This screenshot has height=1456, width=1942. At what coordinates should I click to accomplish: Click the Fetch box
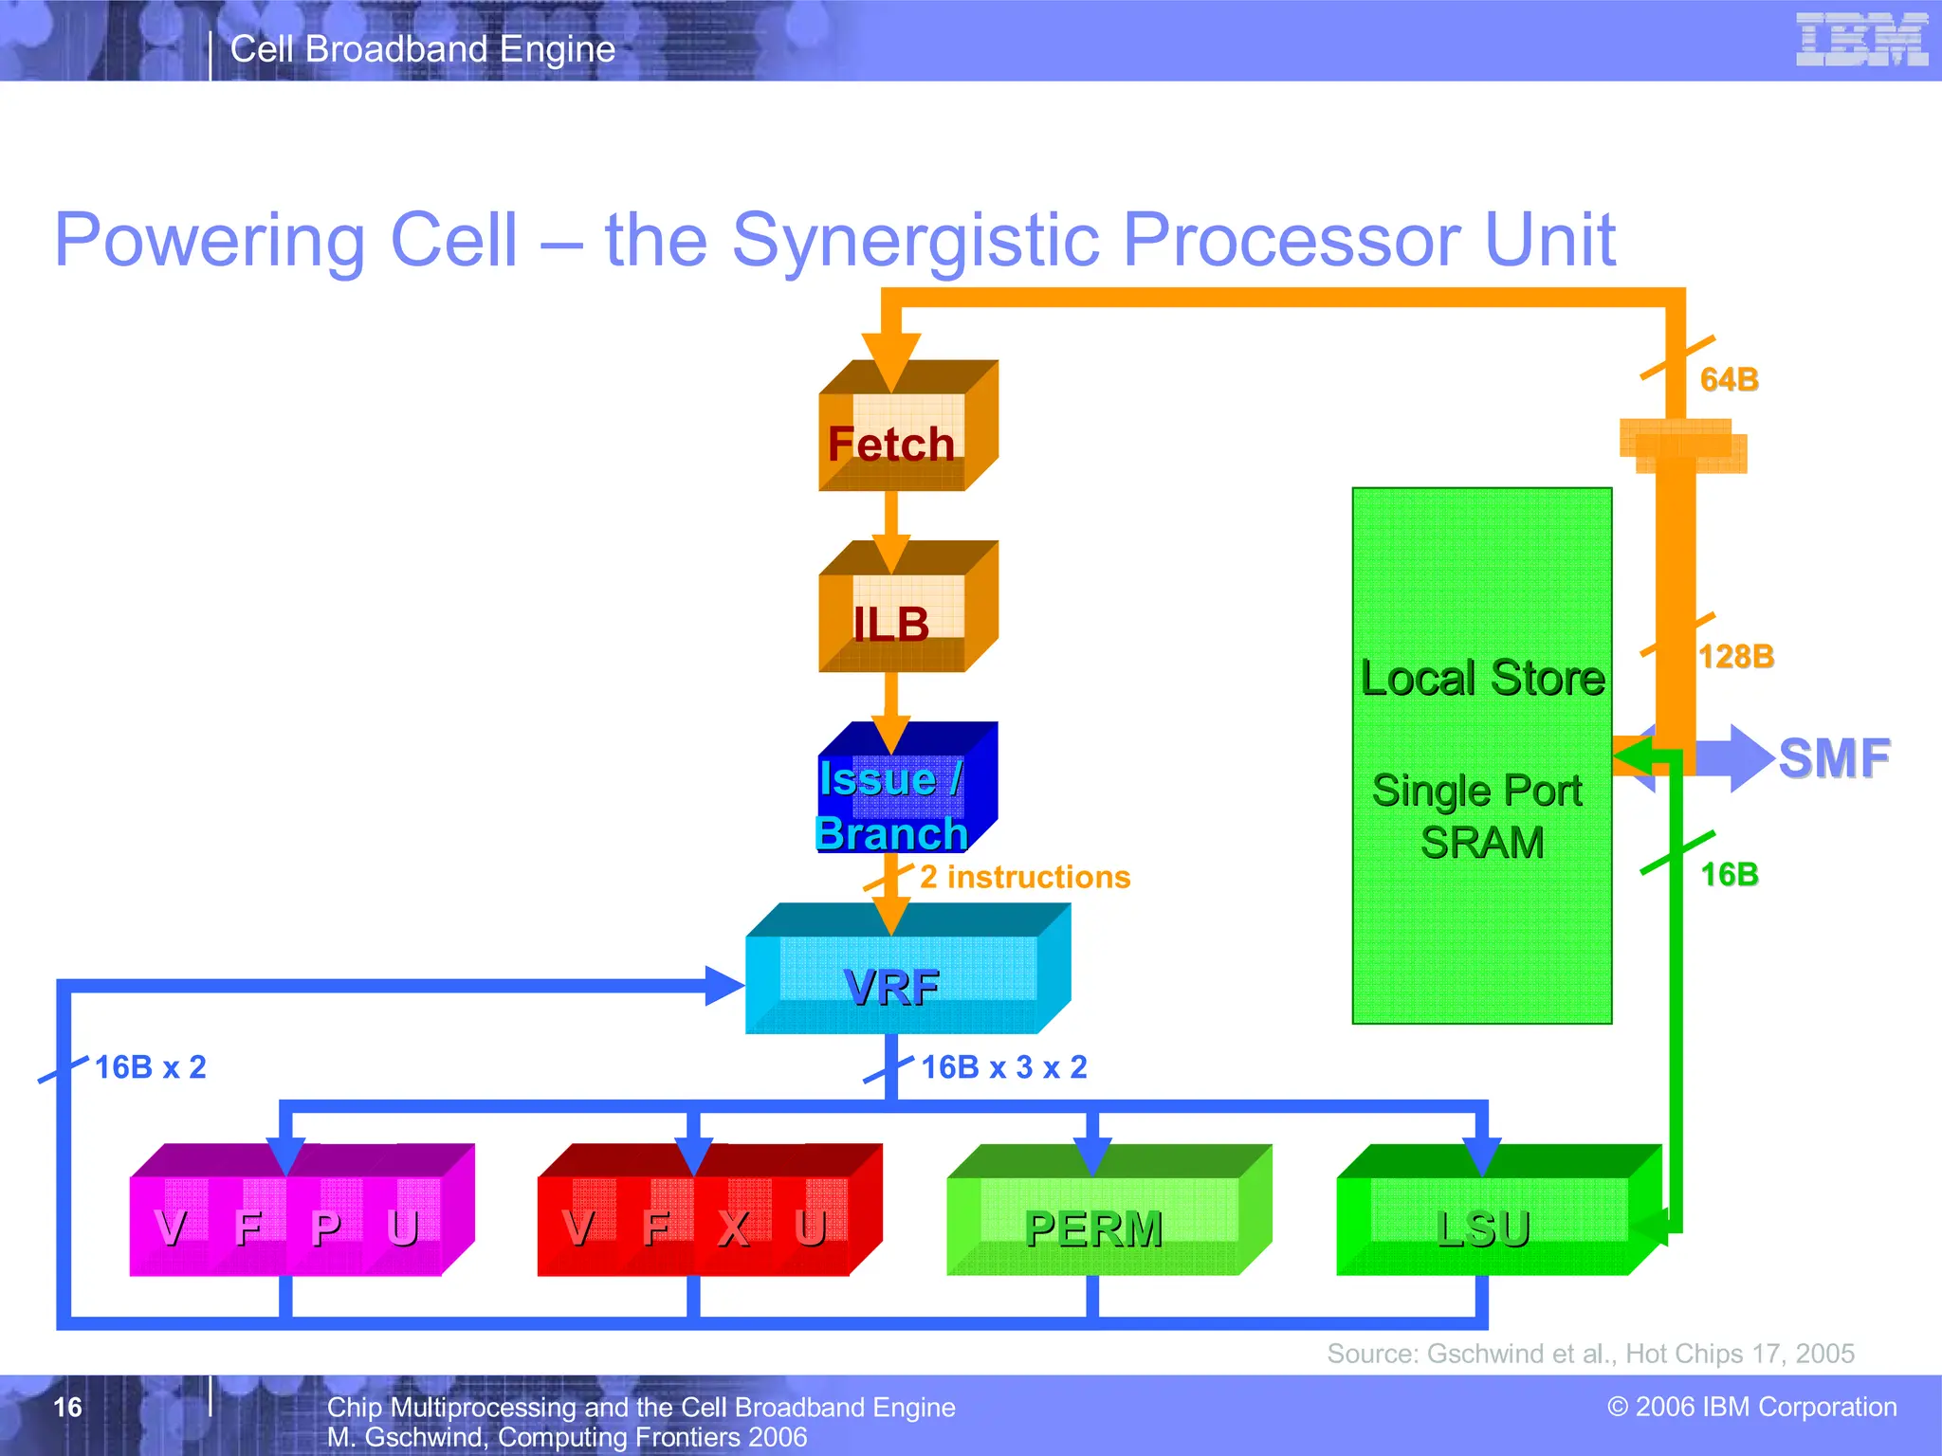(x=892, y=442)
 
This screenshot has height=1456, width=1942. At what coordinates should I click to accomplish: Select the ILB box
(x=892, y=623)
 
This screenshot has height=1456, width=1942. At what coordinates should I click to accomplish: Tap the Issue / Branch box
(x=892, y=805)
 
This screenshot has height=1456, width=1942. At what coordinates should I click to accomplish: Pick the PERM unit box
(x=1093, y=1228)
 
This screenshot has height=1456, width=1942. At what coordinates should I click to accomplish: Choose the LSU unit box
(x=1483, y=1228)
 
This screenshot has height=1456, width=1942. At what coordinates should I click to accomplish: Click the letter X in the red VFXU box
(x=733, y=1228)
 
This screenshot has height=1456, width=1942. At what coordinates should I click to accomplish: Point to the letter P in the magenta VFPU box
(x=325, y=1228)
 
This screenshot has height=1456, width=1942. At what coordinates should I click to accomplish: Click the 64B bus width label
(x=1729, y=379)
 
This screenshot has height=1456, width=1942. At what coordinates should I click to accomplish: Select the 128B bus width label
(x=1735, y=656)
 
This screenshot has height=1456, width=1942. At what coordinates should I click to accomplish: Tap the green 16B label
(x=1729, y=874)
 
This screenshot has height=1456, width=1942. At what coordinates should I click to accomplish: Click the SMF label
(x=1833, y=758)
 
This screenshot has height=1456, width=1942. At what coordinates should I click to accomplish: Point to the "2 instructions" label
(x=1025, y=877)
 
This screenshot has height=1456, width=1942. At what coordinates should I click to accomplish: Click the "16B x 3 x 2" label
(x=1004, y=1067)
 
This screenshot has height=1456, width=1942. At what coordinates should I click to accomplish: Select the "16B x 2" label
(x=150, y=1067)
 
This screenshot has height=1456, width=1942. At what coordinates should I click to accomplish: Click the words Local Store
(x=1482, y=678)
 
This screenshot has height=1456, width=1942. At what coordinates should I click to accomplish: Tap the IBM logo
(x=1861, y=40)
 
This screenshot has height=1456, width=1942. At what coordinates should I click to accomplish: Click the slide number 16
(x=67, y=1407)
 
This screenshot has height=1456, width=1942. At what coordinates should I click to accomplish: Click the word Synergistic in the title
(x=915, y=240)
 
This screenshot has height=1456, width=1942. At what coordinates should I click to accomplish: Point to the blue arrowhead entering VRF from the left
(x=724, y=986)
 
